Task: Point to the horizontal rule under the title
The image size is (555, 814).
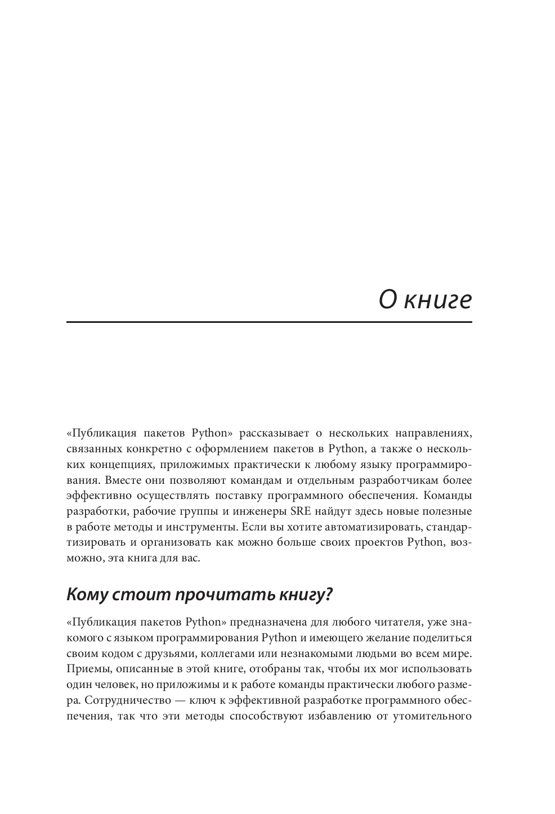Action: click(x=269, y=322)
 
